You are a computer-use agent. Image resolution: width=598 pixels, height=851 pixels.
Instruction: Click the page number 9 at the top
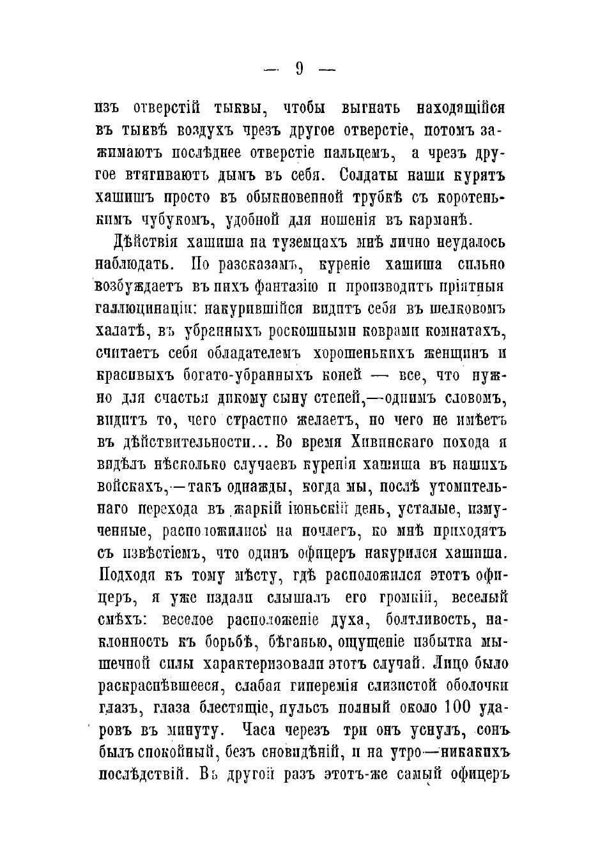(299, 68)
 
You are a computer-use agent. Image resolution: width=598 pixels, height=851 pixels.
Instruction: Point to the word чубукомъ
(180, 220)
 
